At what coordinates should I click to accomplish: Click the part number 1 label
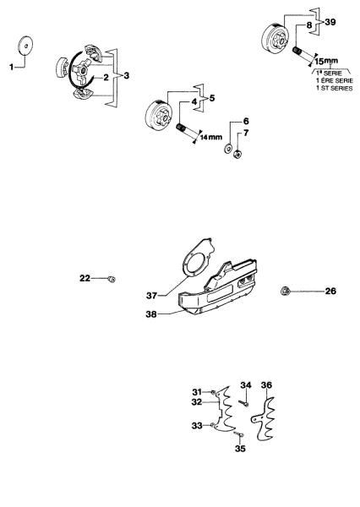pyautogui.click(x=11, y=67)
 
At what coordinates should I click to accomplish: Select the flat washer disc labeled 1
pyautogui.click(x=25, y=45)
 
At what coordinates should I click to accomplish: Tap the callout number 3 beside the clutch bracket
pyautogui.click(x=126, y=76)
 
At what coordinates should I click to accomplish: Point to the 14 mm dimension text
pyautogui.click(x=211, y=137)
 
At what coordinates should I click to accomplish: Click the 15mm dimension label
pyautogui.click(x=326, y=61)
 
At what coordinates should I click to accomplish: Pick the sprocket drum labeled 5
pyautogui.click(x=158, y=115)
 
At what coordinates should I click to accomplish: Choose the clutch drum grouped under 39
pyautogui.click(x=275, y=39)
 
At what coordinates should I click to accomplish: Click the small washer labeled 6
pyautogui.click(x=227, y=149)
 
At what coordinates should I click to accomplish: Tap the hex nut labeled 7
pyautogui.click(x=237, y=155)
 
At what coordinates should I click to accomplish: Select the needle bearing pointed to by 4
pyautogui.click(x=181, y=128)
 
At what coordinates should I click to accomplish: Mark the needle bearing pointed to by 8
pyautogui.click(x=297, y=51)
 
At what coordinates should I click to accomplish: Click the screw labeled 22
pyautogui.click(x=112, y=279)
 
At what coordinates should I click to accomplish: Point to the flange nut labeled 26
pyautogui.click(x=285, y=292)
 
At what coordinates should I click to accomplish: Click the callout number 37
pyautogui.click(x=151, y=296)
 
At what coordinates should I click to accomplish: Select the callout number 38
pyautogui.click(x=151, y=314)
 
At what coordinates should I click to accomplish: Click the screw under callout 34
pyautogui.click(x=244, y=403)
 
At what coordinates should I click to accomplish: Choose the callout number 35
pyautogui.click(x=240, y=449)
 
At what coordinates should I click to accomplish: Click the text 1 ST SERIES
pyautogui.click(x=335, y=88)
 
